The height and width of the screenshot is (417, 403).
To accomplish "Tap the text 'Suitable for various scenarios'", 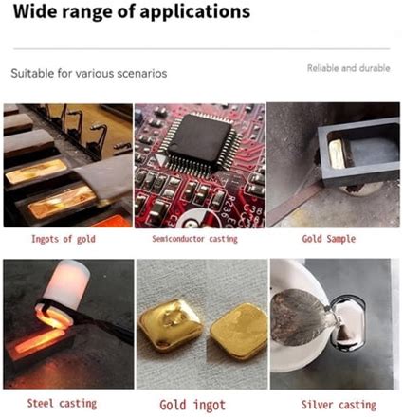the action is pyautogui.click(x=89, y=73).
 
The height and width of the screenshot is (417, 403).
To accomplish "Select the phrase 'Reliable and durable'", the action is pyautogui.click(x=348, y=68).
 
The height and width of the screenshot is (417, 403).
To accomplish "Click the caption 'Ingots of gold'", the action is pyautogui.click(x=64, y=239).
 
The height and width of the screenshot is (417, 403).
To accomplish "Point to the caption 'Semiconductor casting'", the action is pyautogui.click(x=194, y=239).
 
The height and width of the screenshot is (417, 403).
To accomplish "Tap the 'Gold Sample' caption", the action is pyautogui.click(x=329, y=239).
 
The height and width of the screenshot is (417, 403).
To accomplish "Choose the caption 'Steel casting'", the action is pyautogui.click(x=62, y=404).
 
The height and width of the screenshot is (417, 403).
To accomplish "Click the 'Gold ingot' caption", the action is pyautogui.click(x=192, y=405).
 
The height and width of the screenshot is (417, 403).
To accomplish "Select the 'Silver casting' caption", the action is pyautogui.click(x=339, y=405).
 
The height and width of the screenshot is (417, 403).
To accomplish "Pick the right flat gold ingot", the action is pyautogui.click(x=239, y=331).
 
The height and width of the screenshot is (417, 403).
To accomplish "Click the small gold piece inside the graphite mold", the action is pyautogui.click(x=337, y=154).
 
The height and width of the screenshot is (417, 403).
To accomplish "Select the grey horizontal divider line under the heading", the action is pyautogui.click(x=201, y=49).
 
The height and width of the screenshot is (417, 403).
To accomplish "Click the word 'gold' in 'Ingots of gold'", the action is pyautogui.click(x=86, y=240).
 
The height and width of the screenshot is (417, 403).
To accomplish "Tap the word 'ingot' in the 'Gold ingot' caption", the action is pyautogui.click(x=210, y=406).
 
